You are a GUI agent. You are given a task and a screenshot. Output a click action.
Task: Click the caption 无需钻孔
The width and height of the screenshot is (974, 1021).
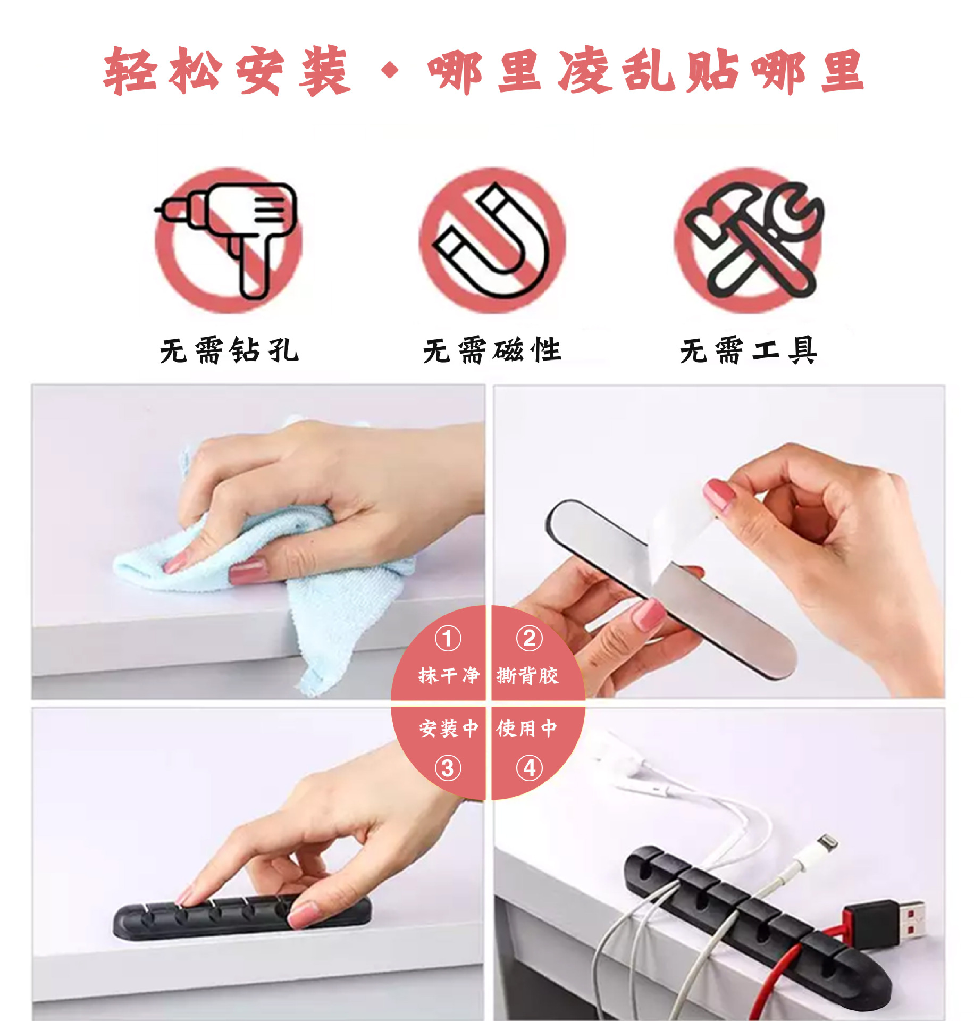click(229, 350)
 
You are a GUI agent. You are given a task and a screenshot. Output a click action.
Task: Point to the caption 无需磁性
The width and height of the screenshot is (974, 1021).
click(492, 350)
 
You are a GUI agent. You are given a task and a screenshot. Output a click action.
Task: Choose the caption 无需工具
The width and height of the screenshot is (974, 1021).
click(748, 350)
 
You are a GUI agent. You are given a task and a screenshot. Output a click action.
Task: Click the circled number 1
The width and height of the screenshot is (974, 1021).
click(448, 639)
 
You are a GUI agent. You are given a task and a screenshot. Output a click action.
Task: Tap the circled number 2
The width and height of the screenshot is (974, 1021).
click(529, 639)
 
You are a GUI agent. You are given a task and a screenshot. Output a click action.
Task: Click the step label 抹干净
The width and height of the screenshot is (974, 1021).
click(449, 676)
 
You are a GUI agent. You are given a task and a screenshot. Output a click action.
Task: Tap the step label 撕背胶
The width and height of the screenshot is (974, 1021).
click(527, 676)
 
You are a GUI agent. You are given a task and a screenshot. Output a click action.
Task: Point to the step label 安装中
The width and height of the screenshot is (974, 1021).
click(449, 728)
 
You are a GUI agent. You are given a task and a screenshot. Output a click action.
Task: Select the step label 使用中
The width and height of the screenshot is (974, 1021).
click(526, 728)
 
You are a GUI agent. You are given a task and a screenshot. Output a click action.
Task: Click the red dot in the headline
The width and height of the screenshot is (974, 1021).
click(390, 70)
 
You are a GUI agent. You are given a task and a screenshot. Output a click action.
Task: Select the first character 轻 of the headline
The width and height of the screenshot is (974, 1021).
click(130, 71)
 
